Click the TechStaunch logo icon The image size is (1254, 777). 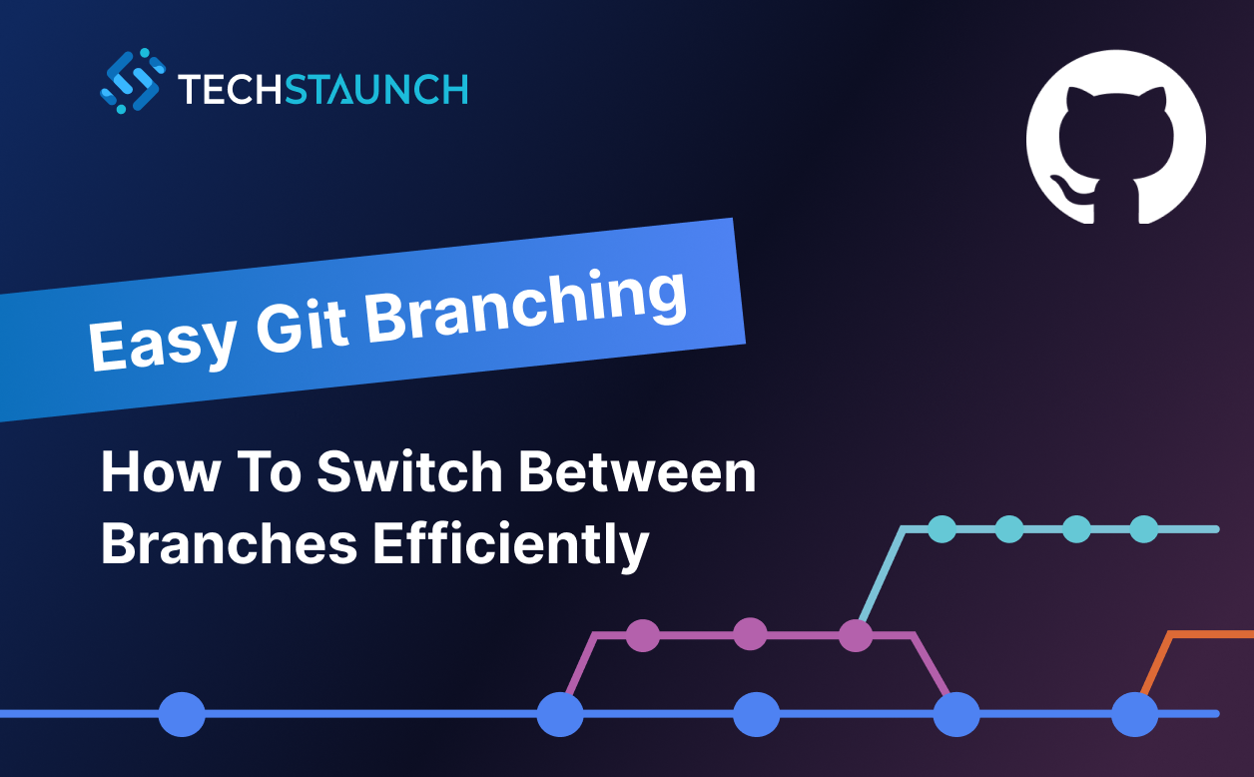[133, 81]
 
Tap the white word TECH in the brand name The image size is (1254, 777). [231, 89]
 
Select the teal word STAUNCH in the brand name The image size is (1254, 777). [376, 89]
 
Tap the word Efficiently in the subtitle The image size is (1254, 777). [511, 546]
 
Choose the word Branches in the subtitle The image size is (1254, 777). [229, 545]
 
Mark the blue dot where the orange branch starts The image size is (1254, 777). [1134, 714]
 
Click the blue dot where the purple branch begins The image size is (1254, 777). [560, 714]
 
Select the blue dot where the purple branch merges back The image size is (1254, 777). [956, 714]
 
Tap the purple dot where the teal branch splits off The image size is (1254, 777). [856, 634]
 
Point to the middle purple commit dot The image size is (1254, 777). [750, 634]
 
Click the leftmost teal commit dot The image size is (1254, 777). [941, 528]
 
